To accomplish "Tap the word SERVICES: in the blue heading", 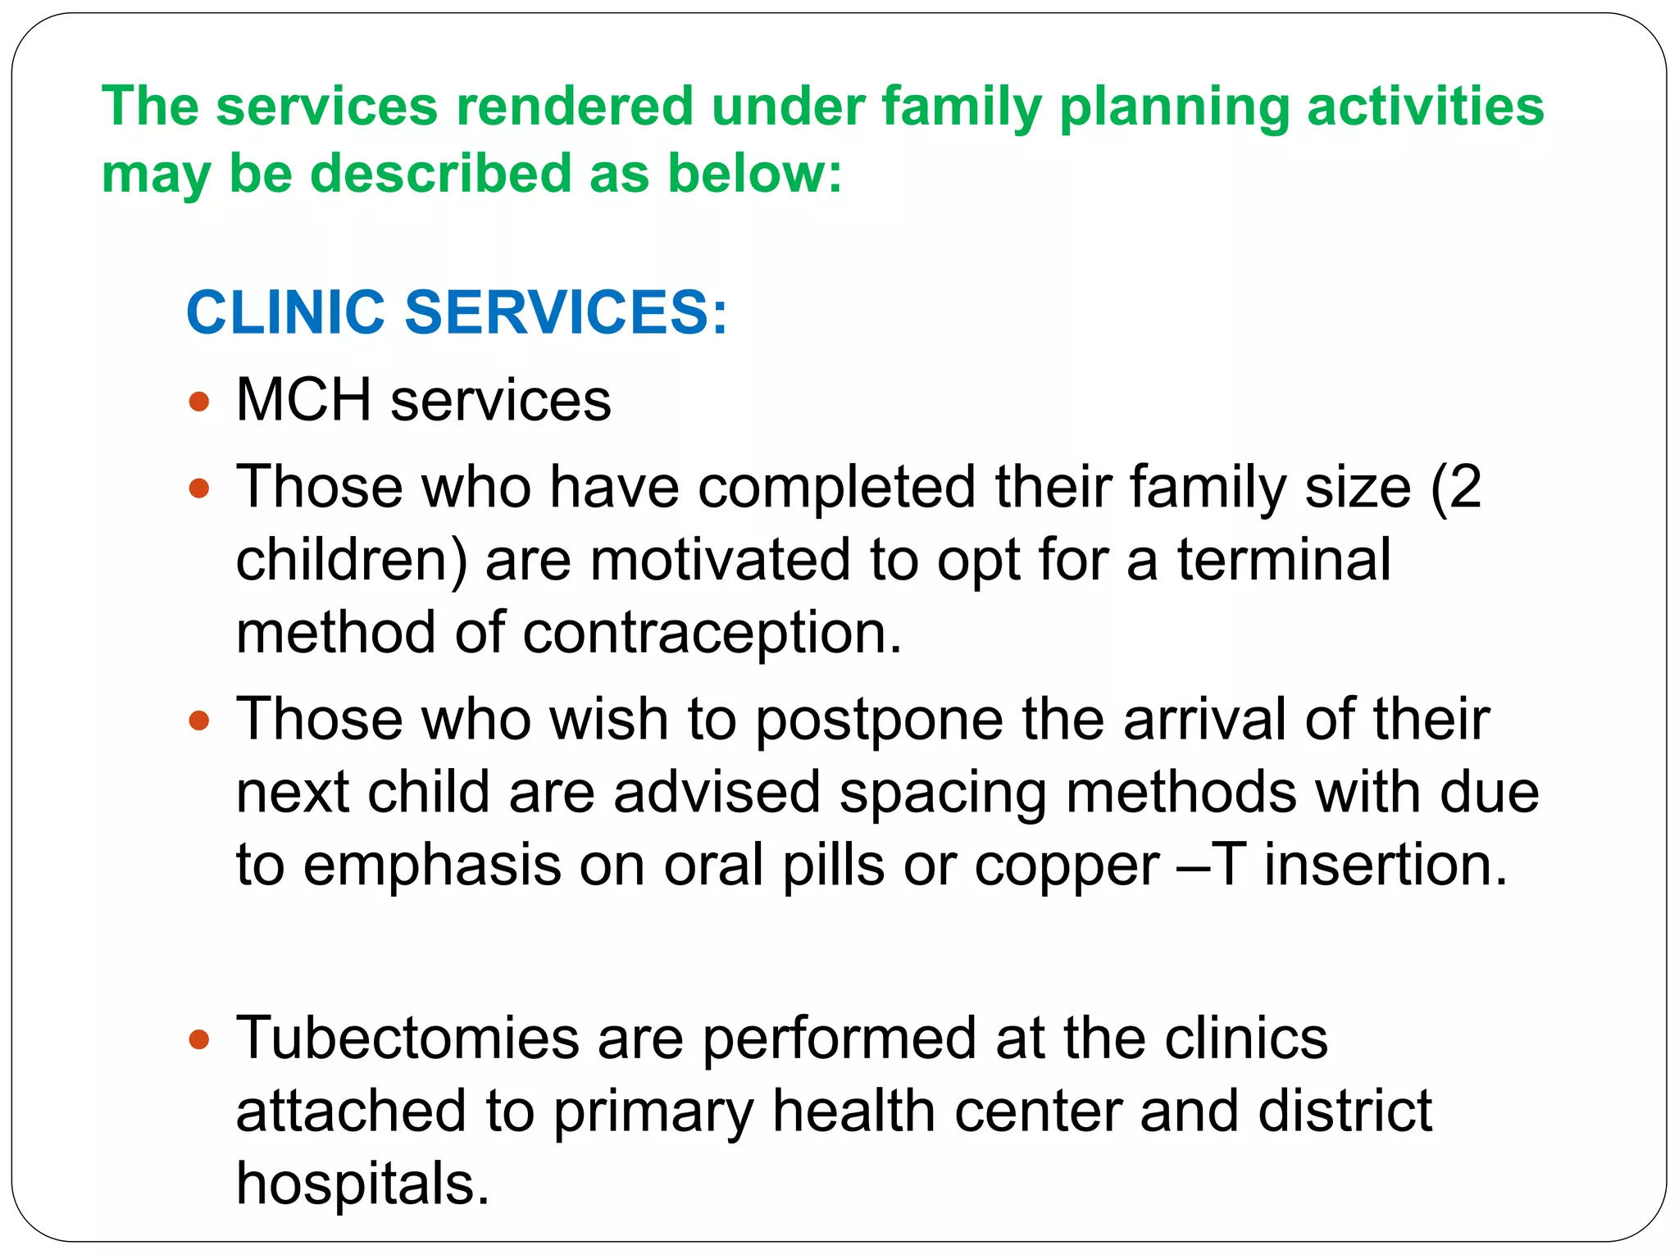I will click(x=566, y=312).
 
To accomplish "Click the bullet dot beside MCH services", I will click(x=199, y=402).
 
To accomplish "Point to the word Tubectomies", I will click(x=407, y=1039).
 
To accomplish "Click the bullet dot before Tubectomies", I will click(x=199, y=1040).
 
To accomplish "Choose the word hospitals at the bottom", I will click(x=362, y=1184).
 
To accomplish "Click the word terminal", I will click(x=1284, y=560).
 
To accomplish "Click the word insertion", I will click(x=1386, y=866).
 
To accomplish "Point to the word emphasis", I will click(x=432, y=866).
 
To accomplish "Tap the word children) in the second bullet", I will click(x=352, y=560).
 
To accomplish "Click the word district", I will click(x=1345, y=1111).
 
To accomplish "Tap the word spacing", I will click(x=943, y=793).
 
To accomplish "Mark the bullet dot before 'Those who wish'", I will click(x=199, y=721).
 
